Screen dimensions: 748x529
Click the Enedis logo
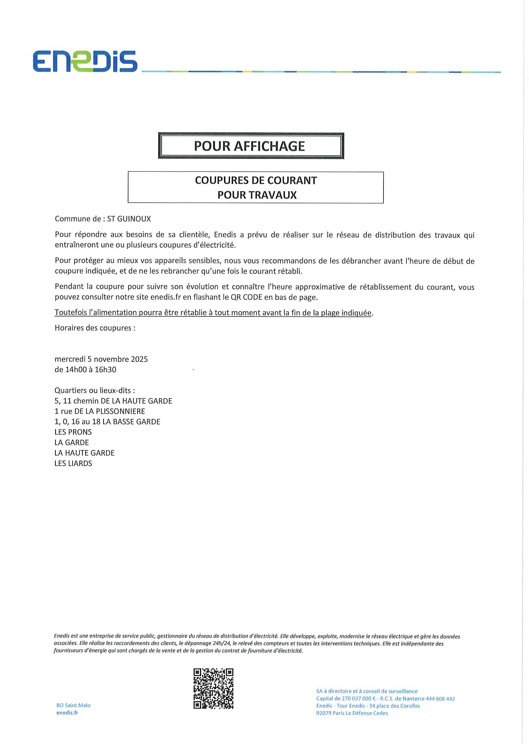(x=85, y=61)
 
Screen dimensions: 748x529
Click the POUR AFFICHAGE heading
(x=249, y=146)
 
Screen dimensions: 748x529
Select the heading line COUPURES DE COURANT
(x=256, y=181)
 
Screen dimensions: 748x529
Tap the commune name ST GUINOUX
(x=129, y=219)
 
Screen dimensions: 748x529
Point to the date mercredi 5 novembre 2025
(x=101, y=359)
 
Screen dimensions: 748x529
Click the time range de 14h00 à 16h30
(x=85, y=370)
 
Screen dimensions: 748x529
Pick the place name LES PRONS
(x=73, y=432)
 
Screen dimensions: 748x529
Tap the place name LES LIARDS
(x=73, y=463)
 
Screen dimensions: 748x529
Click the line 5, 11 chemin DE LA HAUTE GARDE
(x=113, y=401)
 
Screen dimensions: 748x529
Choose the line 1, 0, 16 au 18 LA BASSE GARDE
(x=107, y=422)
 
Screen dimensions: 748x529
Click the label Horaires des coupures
(x=95, y=328)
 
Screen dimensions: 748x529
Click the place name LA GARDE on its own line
(x=72, y=442)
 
